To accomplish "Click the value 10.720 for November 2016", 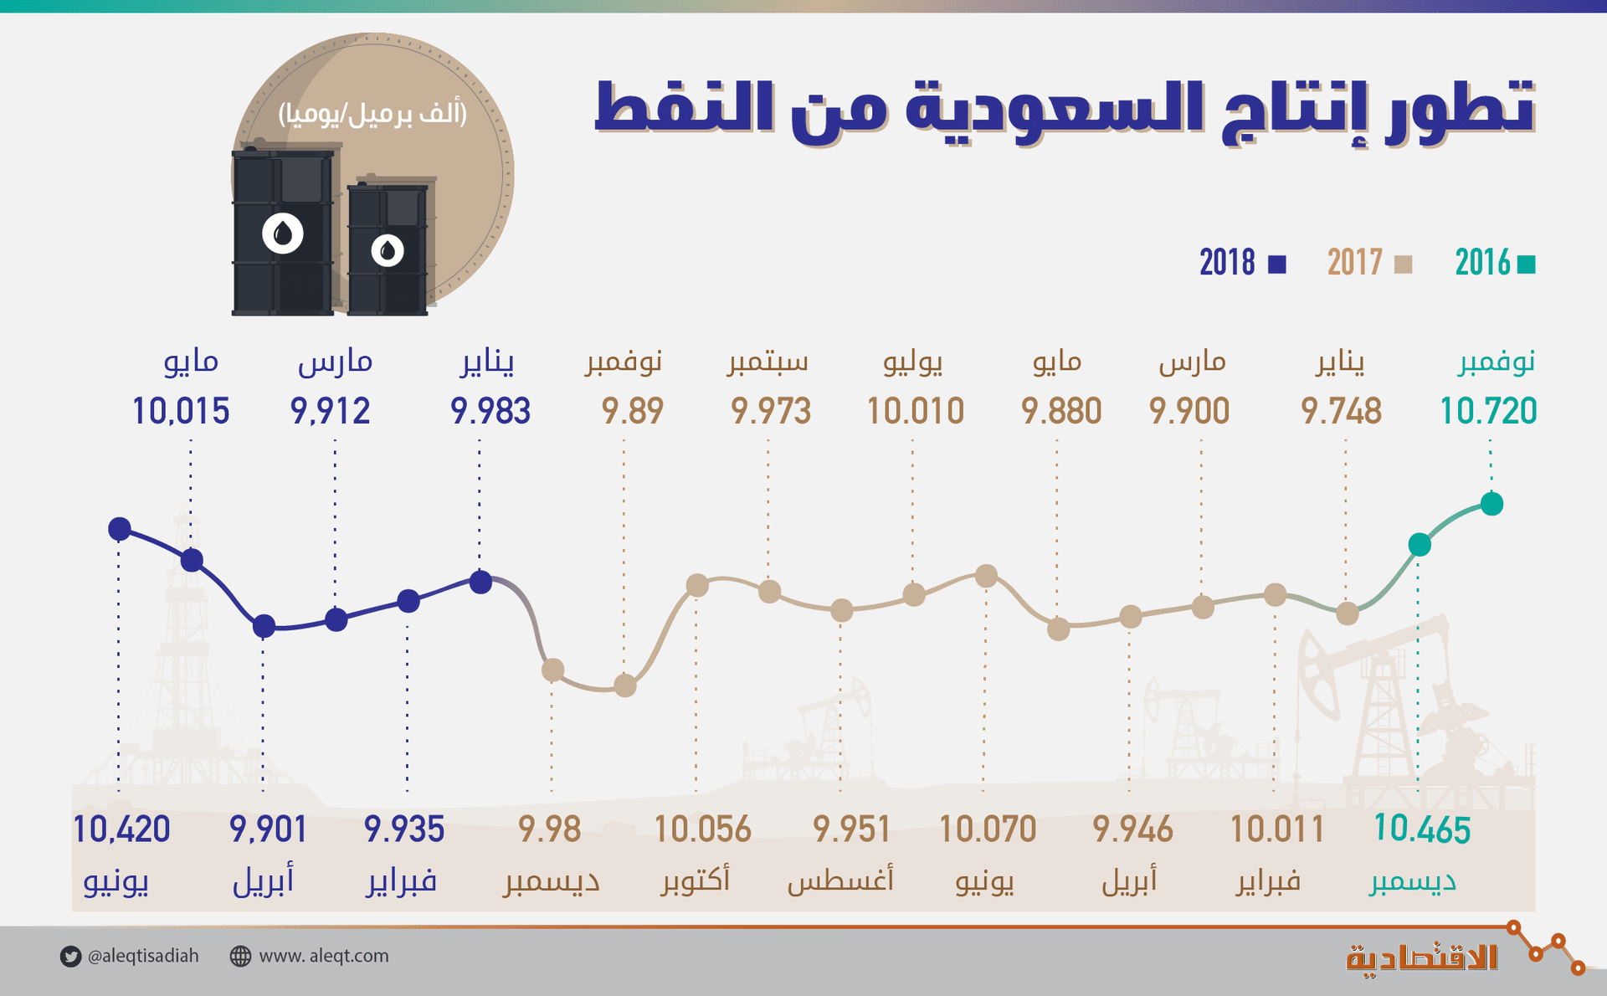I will [x=1487, y=411].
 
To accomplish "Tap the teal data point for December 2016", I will [x=1420, y=545].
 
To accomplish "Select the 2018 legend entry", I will [x=1242, y=264].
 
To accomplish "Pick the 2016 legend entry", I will [x=1495, y=264].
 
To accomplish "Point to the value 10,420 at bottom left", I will [x=121, y=829].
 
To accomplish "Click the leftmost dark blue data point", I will [x=120, y=529].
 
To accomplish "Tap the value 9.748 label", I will [x=1341, y=411].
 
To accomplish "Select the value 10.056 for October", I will [x=702, y=829].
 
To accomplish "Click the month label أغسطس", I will [x=840, y=880].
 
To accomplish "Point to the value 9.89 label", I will [x=632, y=411].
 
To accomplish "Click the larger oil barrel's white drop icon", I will [x=283, y=234].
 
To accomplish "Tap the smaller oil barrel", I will [x=388, y=249].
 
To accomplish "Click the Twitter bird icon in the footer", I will [x=70, y=957].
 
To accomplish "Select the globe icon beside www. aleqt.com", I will [x=240, y=957].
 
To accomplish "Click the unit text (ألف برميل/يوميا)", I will [x=372, y=113].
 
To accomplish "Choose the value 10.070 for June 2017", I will [x=988, y=829].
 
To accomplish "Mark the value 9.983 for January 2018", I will [x=490, y=411].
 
